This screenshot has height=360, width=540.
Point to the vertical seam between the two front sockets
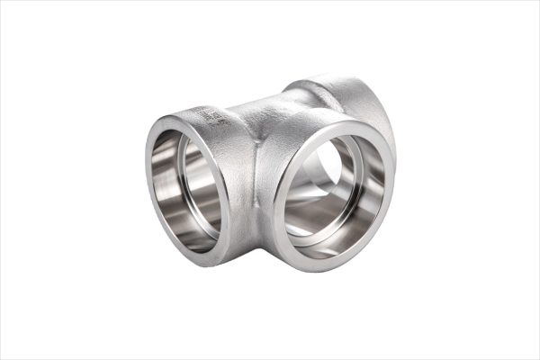pos(260,180)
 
